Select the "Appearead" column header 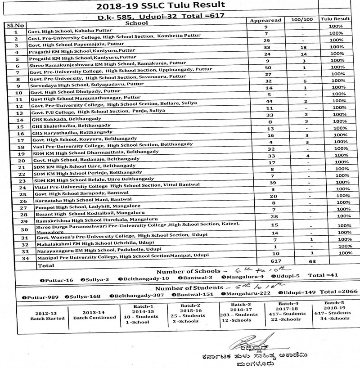pyautogui.click(x=265, y=20)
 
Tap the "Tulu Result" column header pyautogui.click(x=335, y=19)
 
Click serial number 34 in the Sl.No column pyautogui.click(x=16, y=259)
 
